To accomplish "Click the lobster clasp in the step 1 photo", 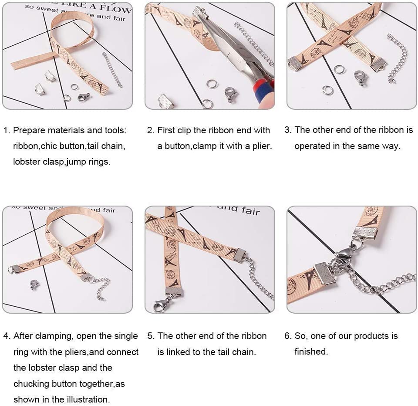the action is point(83,97).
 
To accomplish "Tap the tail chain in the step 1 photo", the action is point(112,70).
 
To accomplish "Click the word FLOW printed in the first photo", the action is point(115,9).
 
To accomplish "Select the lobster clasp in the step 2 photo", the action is point(230,95).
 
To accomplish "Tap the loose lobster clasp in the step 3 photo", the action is point(361,78).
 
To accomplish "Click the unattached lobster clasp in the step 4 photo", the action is point(34,285).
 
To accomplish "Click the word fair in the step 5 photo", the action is point(250,210).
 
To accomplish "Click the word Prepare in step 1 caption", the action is point(30,130).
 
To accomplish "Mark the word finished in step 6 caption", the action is point(311,351).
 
